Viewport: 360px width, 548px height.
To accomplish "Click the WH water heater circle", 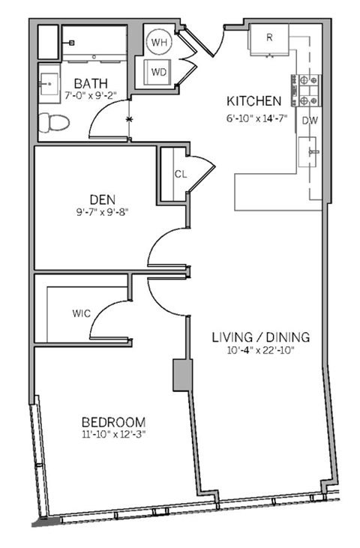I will pyautogui.click(x=159, y=43).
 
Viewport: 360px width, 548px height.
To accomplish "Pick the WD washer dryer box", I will pyautogui.click(x=159, y=73).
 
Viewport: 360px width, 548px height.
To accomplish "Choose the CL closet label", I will pyautogui.click(x=180, y=174).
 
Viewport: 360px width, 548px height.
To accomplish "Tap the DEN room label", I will pyautogui.click(x=102, y=199).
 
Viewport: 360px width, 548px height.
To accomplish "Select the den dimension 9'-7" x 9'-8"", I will pyautogui.click(x=102, y=212).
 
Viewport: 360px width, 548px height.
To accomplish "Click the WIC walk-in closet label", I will pyautogui.click(x=82, y=313).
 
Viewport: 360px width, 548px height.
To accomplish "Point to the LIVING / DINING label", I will pyautogui.click(x=260, y=337).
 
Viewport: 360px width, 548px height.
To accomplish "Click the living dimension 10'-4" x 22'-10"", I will pyautogui.click(x=260, y=351).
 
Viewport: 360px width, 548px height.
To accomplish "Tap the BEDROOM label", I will pyautogui.click(x=114, y=422).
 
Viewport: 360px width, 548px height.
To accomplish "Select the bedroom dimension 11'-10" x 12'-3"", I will pyautogui.click(x=114, y=436).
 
